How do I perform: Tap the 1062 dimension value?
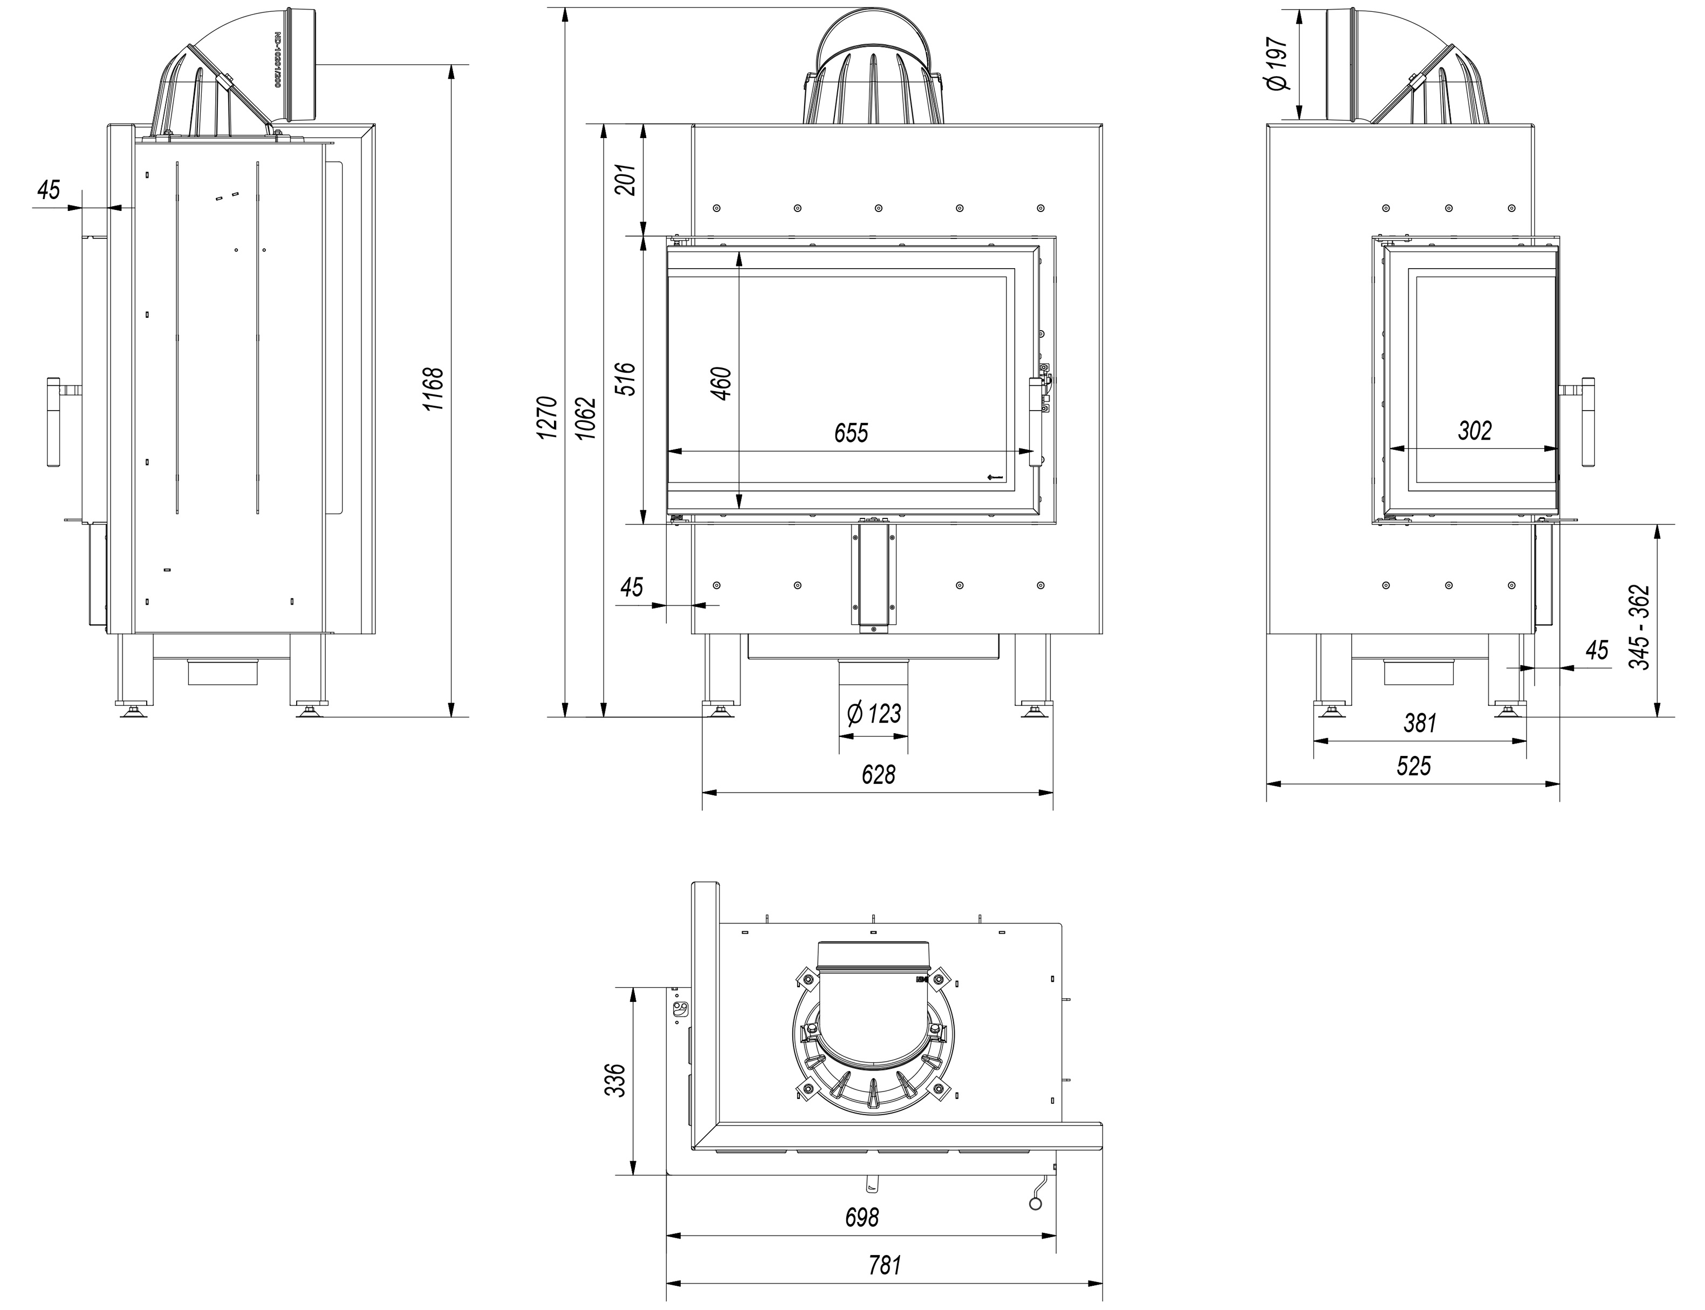(x=586, y=418)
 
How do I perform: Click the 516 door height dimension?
(x=627, y=379)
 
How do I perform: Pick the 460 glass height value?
(x=721, y=383)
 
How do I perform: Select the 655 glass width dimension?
(x=851, y=433)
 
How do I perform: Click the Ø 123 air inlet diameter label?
(x=873, y=713)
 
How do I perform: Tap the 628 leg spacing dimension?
(x=878, y=774)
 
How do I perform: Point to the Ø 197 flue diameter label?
(x=1277, y=64)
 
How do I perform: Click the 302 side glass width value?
(x=1474, y=431)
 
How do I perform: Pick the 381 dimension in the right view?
(x=1420, y=724)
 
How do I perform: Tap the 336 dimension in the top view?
(x=615, y=1080)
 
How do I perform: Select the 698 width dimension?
(x=861, y=1217)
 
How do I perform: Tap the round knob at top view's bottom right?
(x=1035, y=1205)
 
